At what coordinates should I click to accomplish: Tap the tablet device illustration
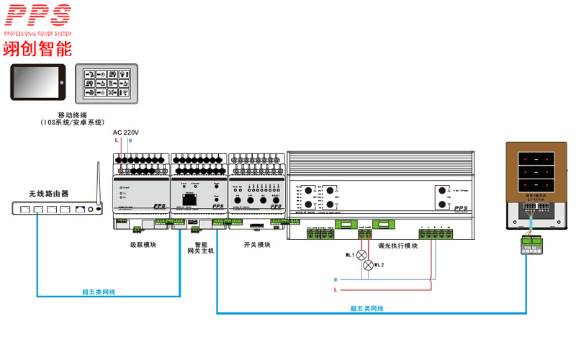pyautogui.click(x=37, y=82)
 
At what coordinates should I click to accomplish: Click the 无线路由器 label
pyautogui.click(x=48, y=194)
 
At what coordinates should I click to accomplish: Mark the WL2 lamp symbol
pyautogui.click(x=369, y=266)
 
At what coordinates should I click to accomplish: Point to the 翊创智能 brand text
pyautogui.click(x=37, y=49)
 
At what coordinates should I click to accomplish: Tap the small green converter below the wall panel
pyautogui.click(x=531, y=246)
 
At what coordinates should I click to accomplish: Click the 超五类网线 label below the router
pyautogui.click(x=99, y=292)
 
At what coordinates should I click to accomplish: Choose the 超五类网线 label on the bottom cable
pyautogui.click(x=366, y=309)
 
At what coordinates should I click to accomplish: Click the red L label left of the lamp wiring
pyautogui.click(x=336, y=289)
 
